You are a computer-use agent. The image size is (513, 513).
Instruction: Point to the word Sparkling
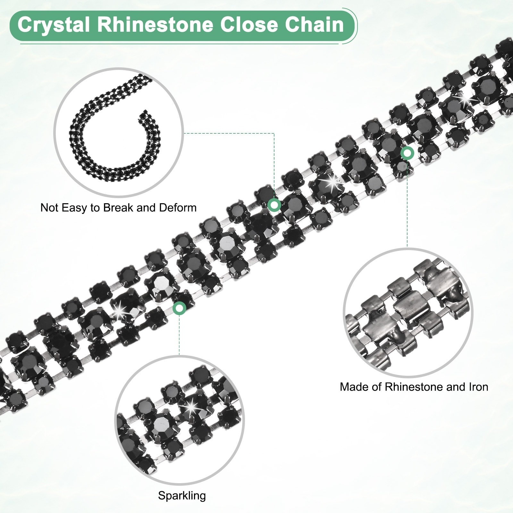(x=182, y=496)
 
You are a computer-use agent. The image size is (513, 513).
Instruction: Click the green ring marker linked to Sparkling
(x=179, y=308)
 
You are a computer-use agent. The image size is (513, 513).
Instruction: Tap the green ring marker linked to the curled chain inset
(x=274, y=204)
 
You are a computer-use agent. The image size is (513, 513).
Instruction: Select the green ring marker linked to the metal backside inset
(x=407, y=153)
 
